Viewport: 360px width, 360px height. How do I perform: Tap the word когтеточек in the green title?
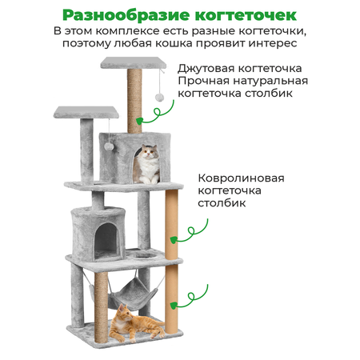point(246,16)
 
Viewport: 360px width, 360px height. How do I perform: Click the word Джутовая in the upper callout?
point(206,69)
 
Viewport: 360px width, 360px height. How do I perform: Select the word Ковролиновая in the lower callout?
point(241,178)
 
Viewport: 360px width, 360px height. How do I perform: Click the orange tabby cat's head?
point(125,312)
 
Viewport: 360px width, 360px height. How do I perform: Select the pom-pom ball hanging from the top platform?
point(159,98)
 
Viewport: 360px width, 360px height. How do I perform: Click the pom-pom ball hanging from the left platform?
point(109,146)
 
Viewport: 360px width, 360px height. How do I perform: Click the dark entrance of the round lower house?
point(106,240)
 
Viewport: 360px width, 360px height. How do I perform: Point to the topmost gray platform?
point(134,63)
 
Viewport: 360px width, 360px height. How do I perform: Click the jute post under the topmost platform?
point(134,101)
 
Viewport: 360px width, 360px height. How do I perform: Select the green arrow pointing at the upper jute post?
point(155,114)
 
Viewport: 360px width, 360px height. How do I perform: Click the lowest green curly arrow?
point(190,298)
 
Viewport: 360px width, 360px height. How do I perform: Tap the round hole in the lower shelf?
point(144,255)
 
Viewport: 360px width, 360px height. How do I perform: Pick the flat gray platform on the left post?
point(86,112)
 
